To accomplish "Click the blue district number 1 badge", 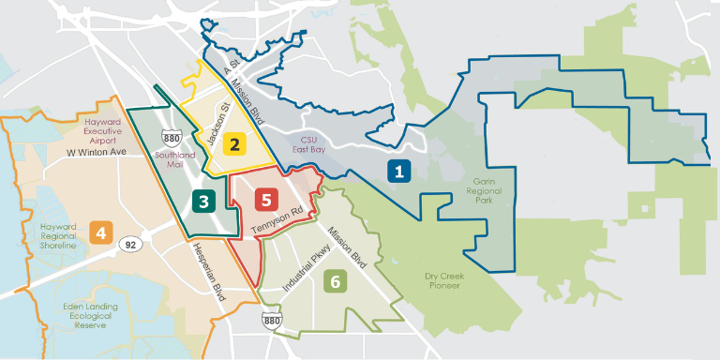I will pos(398,172).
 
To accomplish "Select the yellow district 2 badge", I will pos(235,143).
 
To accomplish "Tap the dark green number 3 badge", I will pos(202,200).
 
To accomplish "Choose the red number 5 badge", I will pos(267,199).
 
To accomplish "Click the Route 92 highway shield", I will pos(127,246).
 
